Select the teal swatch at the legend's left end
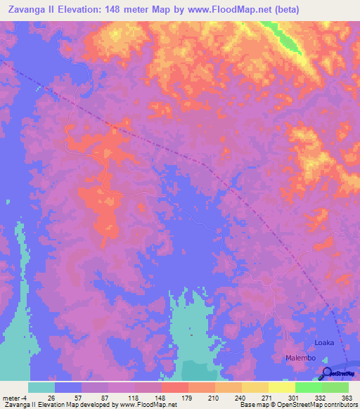41,387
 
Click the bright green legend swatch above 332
308,387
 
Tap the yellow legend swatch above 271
255,387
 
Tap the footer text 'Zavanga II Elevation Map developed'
56,405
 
